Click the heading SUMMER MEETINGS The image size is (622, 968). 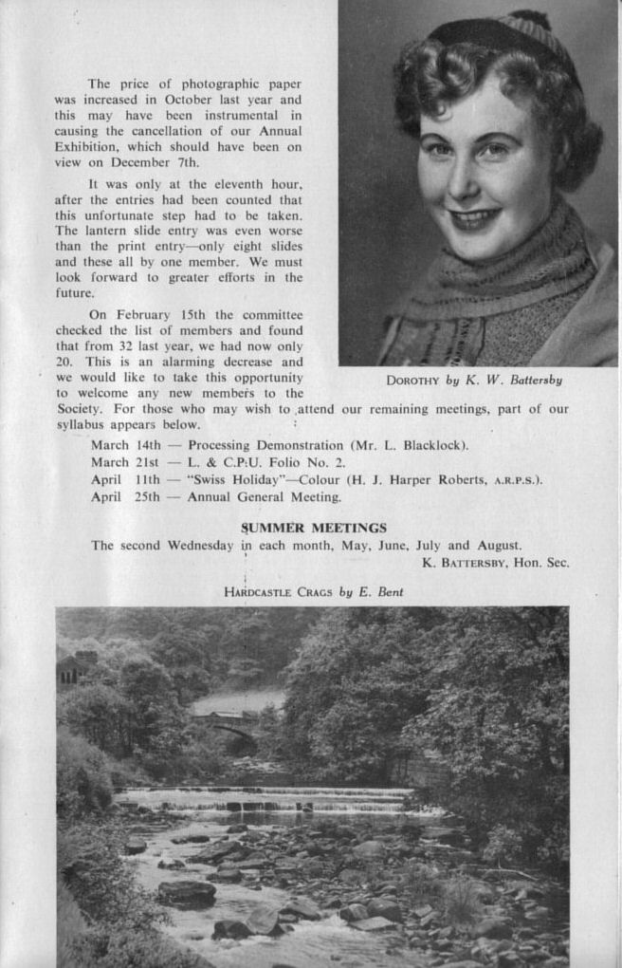coord(314,528)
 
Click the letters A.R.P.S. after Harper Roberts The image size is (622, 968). coord(515,481)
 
